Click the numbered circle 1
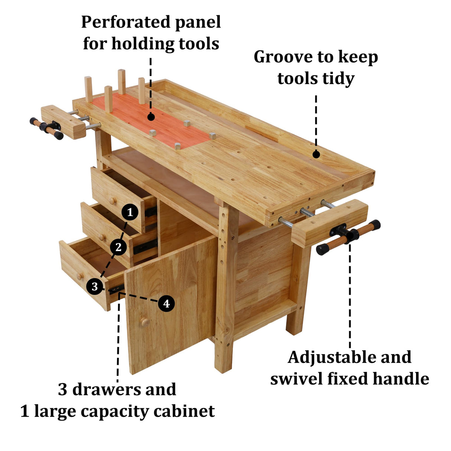click(130, 212)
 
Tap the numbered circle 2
click(119, 247)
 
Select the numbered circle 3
click(95, 286)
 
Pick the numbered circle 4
click(166, 304)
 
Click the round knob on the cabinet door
click(145, 322)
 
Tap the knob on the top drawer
click(113, 201)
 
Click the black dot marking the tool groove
click(316, 154)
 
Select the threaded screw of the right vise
click(308, 213)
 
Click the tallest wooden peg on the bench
click(122, 82)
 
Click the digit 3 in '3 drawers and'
click(62, 390)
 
